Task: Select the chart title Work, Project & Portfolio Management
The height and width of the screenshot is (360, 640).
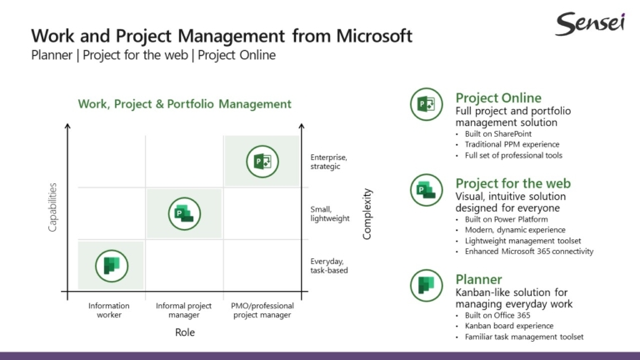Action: [184, 104]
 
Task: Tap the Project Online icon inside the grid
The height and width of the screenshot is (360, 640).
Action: [262, 161]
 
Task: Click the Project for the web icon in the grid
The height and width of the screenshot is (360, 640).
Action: [184, 213]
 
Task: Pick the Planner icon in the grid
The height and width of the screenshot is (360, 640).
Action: [110, 265]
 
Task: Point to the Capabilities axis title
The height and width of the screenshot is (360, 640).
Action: [53, 207]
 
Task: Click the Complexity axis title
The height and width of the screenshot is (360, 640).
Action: [367, 214]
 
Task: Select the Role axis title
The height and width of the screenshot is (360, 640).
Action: [184, 332]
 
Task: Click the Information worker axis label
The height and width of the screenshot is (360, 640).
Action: [109, 310]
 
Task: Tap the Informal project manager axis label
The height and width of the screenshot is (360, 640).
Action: [184, 310]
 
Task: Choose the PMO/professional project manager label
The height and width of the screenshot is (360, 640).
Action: [262, 310]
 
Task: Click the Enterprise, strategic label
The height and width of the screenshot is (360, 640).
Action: [328, 162]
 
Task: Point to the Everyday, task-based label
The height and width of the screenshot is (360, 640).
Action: [328, 265]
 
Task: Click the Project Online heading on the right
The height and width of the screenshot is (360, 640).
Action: [497, 97]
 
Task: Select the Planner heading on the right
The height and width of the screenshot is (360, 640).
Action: [478, 279]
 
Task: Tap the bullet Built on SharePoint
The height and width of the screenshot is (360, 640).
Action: [497, 133]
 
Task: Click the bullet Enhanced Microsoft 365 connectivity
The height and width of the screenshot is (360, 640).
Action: [528, 251]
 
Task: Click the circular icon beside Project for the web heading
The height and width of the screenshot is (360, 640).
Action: [426, 190]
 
